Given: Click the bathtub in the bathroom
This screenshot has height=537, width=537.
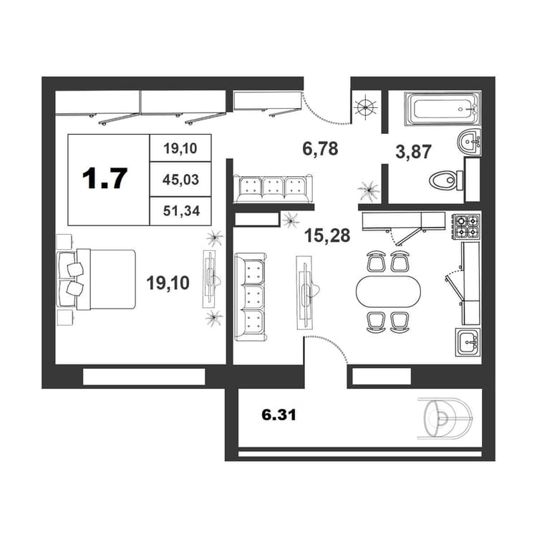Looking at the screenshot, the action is (442, 108).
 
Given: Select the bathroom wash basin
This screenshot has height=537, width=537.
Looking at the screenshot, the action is (469, 142).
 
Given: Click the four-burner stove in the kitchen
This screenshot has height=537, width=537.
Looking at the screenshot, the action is (467, 226).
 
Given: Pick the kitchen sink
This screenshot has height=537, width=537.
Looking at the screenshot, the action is (468, 342).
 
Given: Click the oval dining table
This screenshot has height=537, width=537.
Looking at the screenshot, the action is (388, 291).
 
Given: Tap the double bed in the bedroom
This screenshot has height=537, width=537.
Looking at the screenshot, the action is (97, 280).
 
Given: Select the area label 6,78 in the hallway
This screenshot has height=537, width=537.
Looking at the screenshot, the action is (320, 149).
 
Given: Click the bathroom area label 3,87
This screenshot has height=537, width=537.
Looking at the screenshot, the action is (413, 151).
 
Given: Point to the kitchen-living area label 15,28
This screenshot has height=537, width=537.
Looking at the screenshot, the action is (327, 236).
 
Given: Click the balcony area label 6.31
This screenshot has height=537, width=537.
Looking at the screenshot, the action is (279, 415).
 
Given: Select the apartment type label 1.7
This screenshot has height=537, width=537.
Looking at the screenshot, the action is (105, 178).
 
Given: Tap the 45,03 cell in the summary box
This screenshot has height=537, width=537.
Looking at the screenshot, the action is (180, 180).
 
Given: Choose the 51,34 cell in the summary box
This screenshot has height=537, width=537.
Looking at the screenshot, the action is (181, 211).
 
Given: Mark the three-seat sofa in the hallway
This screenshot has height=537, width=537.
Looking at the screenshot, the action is (273, 189).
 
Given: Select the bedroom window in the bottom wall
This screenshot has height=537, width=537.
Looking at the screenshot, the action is (144, 377).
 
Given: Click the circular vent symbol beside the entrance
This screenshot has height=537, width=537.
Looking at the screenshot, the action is (366, 107).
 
